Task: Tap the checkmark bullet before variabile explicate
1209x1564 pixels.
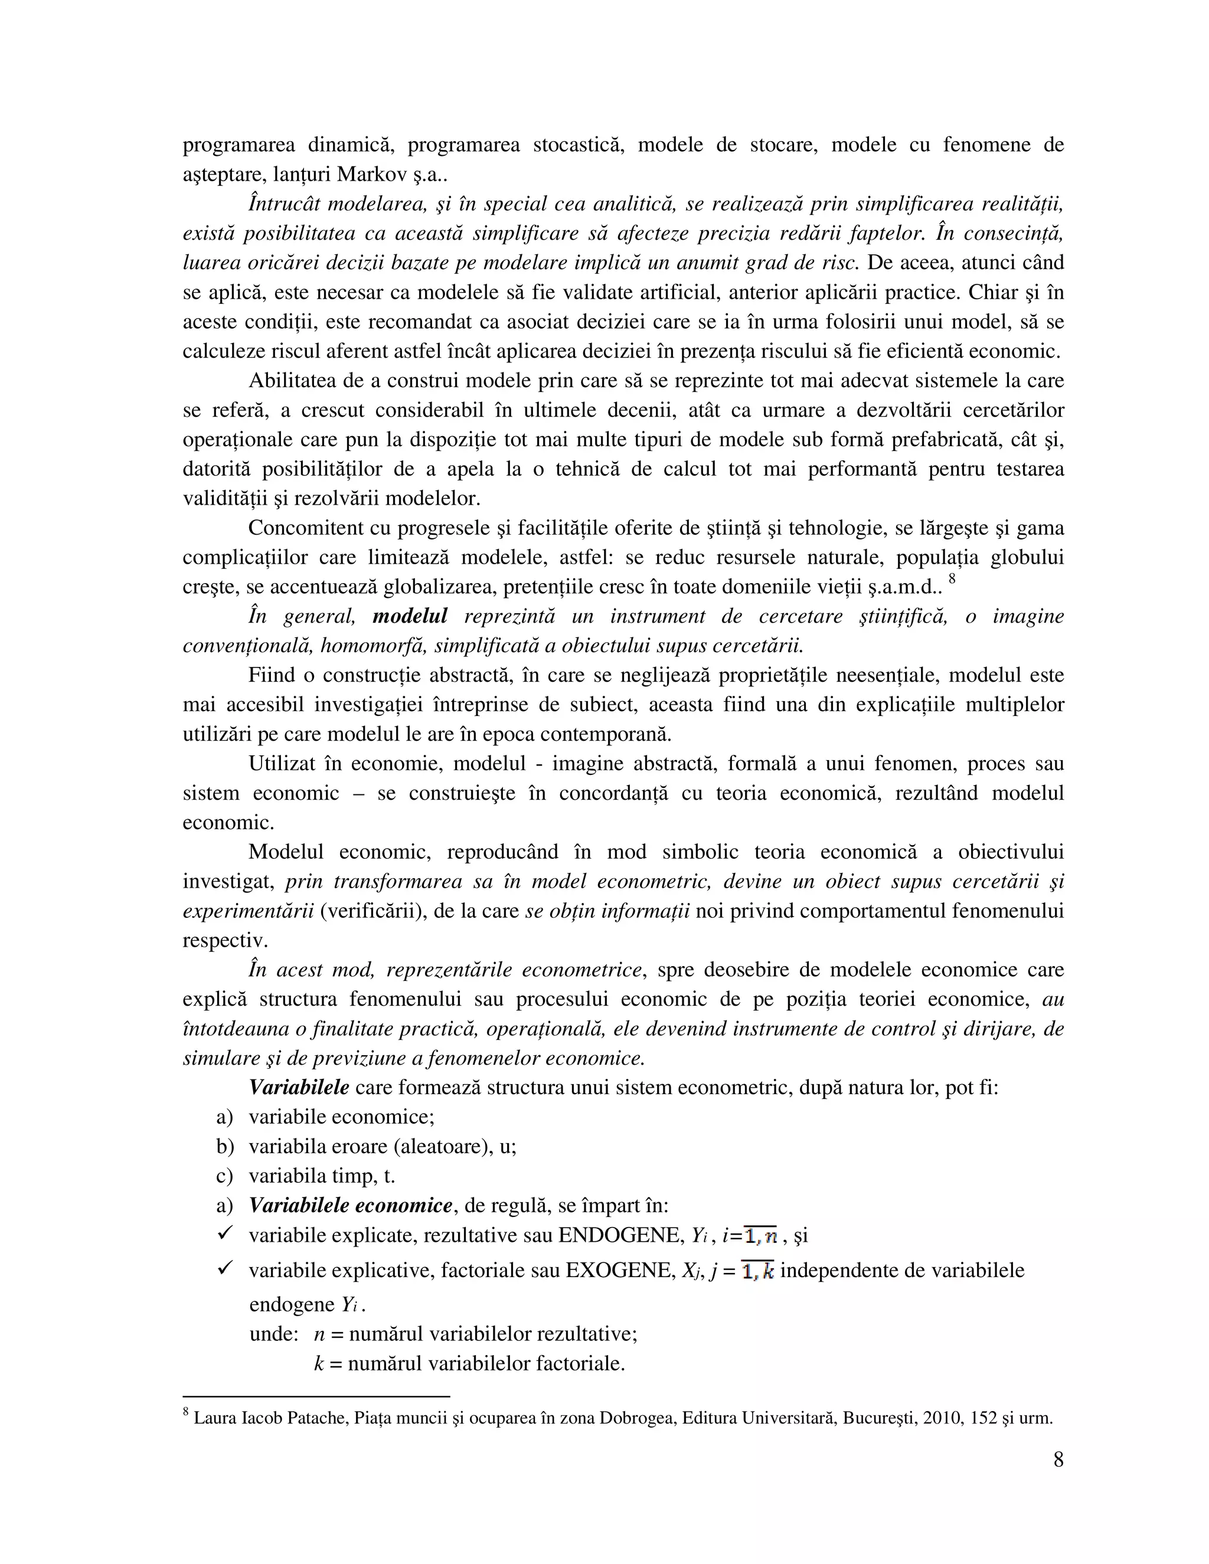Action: (x=224, y=1234)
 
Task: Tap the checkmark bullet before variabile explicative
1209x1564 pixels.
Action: (x=224, y=1269)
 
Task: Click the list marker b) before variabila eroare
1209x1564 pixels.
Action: (x=225, y=1147)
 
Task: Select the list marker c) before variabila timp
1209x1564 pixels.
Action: (x=225, y=1176)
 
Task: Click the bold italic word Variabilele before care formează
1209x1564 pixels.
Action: (x=299, y=1088)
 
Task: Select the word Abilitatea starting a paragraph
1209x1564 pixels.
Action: (x=292, y=381)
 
